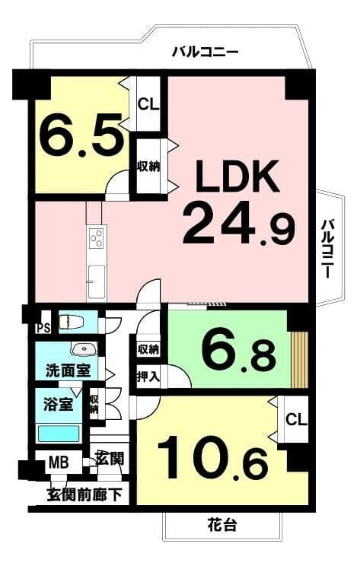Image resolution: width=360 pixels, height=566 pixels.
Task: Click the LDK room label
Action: pyautogui.click(x=237, y=176)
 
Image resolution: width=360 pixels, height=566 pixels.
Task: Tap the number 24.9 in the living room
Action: pyautogui.click(x=239, y=224)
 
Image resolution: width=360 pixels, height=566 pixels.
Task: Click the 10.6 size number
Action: pyautogui.click(x=212, y=458)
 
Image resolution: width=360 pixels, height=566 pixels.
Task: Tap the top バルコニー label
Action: pyautogui.click(x=205, y=52)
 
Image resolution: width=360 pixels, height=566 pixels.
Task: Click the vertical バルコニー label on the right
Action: pyautogui.click(x=327, y=248)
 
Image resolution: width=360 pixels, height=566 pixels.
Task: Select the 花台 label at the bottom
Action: pyautogui.click(x=222, y=525)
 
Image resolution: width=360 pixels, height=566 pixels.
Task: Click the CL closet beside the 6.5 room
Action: pyautogui.click(x=148, y=105)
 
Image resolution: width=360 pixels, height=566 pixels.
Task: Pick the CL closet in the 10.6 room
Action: pyautogui.click(x=296, y=419)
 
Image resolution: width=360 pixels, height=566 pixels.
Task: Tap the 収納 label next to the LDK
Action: pyautogui.click(x=148, y=167)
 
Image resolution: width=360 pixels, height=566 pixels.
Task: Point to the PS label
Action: pyautogui.click(x=43, y=329)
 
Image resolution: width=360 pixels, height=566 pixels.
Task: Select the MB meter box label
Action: pyautogui.click(x=59, y=462)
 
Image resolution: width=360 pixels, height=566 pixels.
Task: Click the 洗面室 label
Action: pyautogui.click(x=68, y=370)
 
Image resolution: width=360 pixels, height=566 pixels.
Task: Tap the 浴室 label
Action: pyautogui.click(x=58, y=405)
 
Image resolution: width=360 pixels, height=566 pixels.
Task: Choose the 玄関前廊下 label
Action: pyautogui.click(x=84, y=495)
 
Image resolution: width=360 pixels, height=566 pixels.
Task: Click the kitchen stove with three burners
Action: pyautogui.click(x=97, y=238)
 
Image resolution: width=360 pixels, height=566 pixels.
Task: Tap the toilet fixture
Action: pyautogui.click(x=71, y=321)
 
